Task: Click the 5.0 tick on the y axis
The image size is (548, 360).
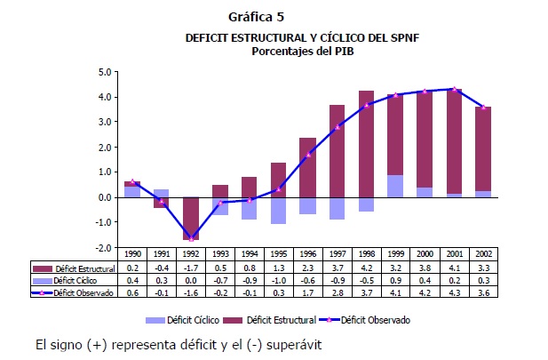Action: tap(104, 72)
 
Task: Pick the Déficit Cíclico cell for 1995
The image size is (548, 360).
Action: tap(277, 279)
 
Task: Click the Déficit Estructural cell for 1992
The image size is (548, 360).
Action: tap(190, 268)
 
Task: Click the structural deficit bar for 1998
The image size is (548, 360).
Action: tap(365, 142)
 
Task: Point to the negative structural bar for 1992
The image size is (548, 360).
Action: tap(191, 218)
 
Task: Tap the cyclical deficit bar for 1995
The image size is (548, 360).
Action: tap(278, 211)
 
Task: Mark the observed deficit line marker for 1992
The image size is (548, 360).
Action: tap(191, 238)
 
